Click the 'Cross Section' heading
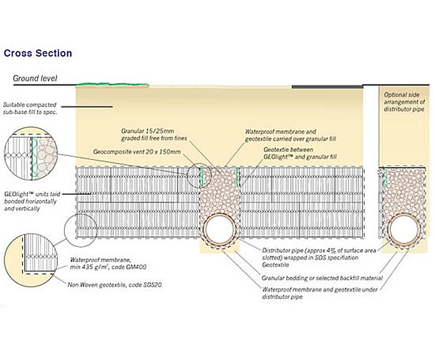click(x=38, y=53)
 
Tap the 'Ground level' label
click(x=35, y=78)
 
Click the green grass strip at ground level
click(x=112, y=83)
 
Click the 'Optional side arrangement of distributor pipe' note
click(x=405, y=101)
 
